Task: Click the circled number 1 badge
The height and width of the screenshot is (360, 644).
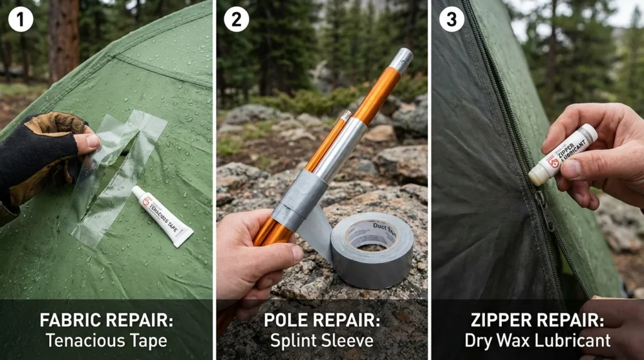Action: (x=21, y=20)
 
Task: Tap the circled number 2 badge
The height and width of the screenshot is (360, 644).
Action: (x=236, y=20)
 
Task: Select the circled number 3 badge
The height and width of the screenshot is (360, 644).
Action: (x=452, y=20)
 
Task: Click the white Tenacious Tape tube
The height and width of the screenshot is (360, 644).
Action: (x=162, y=215)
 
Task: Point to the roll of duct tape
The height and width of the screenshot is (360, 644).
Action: (x=372, y=251)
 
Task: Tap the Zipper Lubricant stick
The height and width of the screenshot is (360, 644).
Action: (x=562, y=154)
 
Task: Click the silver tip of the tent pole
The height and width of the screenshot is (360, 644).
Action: (x=401, y=60)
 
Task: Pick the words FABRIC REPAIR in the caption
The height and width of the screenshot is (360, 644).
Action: (x=106, y=320)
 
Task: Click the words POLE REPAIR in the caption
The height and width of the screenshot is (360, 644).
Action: (x=321, y=320)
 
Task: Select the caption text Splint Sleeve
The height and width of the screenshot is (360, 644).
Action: (x=321, y=341)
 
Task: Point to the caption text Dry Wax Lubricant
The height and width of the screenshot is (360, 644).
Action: (x=537, y=341)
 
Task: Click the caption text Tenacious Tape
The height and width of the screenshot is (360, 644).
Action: (x=106, y=341)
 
